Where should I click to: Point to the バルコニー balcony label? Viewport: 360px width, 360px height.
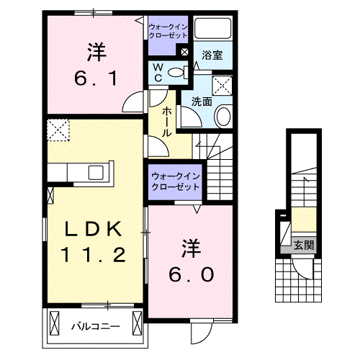[94, 326]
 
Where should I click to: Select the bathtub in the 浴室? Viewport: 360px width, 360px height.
[212, 30]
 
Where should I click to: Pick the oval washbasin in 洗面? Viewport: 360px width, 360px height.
[223, 117]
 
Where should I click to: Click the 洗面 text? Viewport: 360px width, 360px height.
[202, 102]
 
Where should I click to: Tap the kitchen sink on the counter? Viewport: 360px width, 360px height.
[95, 172]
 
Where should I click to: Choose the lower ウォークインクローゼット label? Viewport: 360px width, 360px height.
[176, 181]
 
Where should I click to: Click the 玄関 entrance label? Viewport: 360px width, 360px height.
[303, 245]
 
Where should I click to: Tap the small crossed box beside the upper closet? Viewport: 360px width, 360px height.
[185, 52]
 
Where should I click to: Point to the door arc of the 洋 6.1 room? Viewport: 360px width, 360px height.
[133, 104]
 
